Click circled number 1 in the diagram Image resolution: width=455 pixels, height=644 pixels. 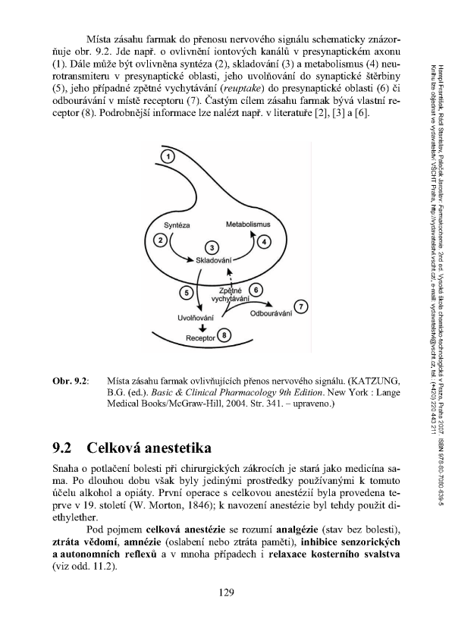[170, 156]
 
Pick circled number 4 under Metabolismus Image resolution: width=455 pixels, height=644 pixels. [264, 242]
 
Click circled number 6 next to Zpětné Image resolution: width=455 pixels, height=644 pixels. [256, 289]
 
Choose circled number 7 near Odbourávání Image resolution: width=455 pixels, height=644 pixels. [302, 306]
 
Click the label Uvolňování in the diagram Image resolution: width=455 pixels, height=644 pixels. [195, 316]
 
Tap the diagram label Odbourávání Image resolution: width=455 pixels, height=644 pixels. [271, 313]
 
